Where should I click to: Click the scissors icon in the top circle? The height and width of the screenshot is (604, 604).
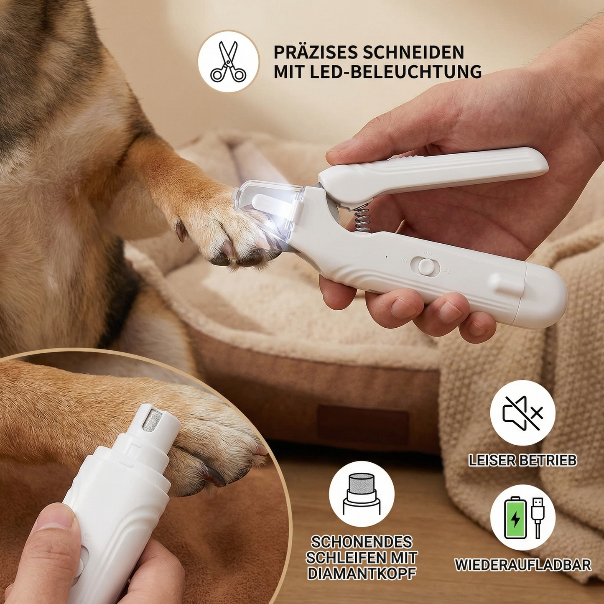[x=228, y=61]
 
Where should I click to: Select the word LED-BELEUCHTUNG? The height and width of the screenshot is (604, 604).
[x=395, y=71]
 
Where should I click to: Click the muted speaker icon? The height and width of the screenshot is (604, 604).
[x=522, y=413]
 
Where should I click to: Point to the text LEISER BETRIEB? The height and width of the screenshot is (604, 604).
[x=522, y=460]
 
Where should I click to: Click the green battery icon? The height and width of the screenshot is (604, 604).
[x=515, y=517]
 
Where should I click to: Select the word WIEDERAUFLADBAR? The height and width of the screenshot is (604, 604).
[x=523, y=565]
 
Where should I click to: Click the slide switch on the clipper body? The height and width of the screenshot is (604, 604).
[x=425, y=267]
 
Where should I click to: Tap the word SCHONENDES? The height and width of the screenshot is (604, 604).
[x=362, y=542]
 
